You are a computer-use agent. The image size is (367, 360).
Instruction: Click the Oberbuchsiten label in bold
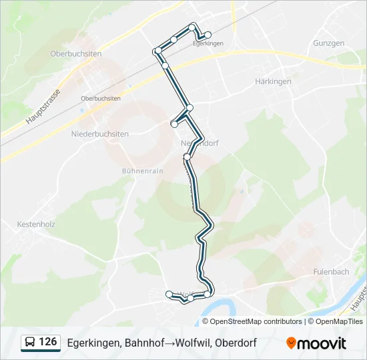coord(75,53)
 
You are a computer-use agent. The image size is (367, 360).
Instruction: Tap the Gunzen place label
coord(328,43)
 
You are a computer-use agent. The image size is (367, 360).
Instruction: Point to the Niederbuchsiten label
coord(99,134)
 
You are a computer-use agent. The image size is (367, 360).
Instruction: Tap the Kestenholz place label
coord(36,225)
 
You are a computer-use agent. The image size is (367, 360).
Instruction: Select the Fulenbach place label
coord(331,271)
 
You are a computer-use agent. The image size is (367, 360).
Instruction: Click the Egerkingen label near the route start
coord(207,43)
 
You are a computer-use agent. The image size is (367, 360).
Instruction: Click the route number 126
coord(48,342)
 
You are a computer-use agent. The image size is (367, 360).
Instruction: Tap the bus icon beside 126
coord(30,343)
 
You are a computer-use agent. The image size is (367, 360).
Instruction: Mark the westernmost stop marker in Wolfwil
coord(169,293)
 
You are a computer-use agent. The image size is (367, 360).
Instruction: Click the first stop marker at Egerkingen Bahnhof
coord(208,35)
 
